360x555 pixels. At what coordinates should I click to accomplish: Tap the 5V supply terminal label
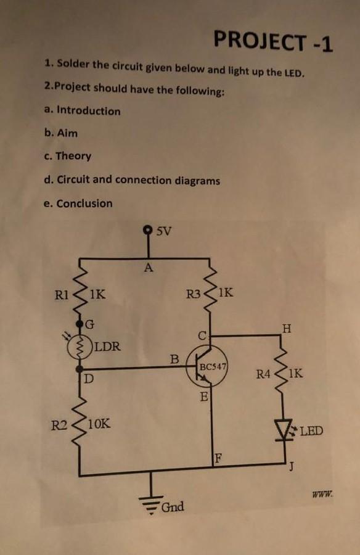pyautogui.click(x=164, y=232)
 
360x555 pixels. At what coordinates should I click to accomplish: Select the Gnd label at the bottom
pyautogui.click(x=173, y=507)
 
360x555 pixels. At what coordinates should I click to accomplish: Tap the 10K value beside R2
pyautogui.click(x=99, y=424)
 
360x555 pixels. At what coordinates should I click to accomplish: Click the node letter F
pyautogui.click(x=217, y=458)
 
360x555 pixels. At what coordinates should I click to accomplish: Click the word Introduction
pyautogui.click(x=88, y=111)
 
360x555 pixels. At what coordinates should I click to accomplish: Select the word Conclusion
pyautogui.click(x=84, y=203)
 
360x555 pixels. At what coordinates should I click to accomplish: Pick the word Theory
pyautogui.click(x=73, y=156)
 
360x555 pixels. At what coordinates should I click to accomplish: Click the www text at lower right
pyautogui.click(x=323, y=493)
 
